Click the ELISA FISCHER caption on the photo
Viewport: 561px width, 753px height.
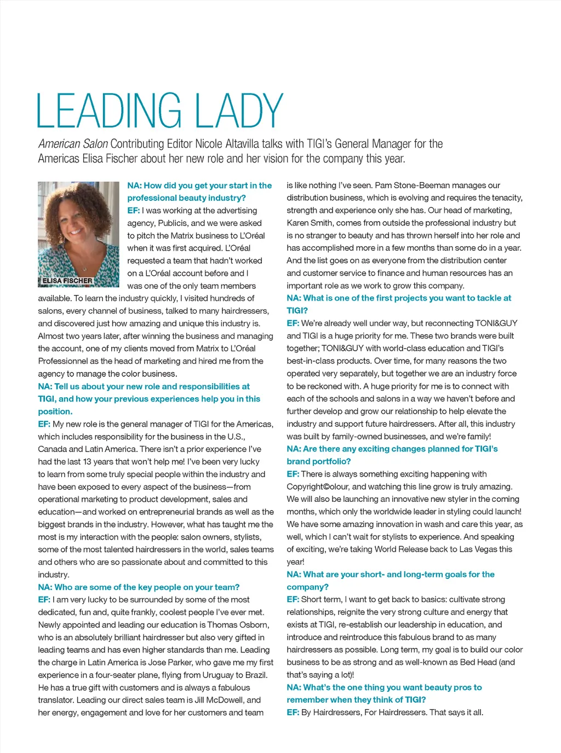coord(67,281)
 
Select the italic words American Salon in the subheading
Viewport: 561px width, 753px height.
coord(73,144)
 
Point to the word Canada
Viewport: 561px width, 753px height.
coord(52,449)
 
